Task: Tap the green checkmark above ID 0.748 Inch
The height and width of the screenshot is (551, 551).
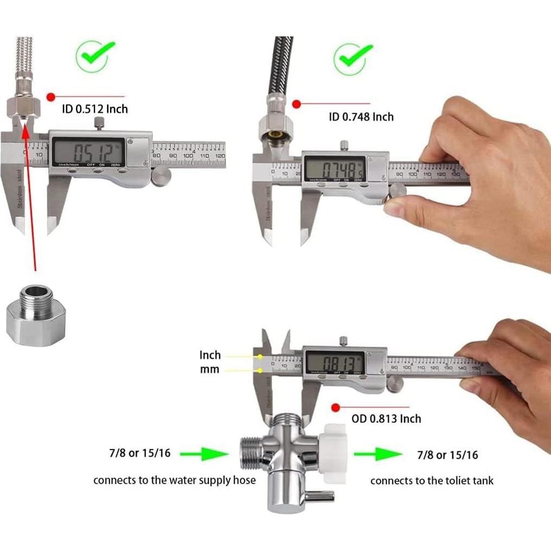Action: click(353, 58)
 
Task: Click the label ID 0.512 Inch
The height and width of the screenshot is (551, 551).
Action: click(95, 109)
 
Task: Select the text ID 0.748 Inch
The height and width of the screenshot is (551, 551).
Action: click(361, 117)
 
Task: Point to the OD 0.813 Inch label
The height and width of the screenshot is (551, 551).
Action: click(386, 418)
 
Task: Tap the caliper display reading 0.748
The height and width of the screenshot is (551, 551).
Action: click(334, 166)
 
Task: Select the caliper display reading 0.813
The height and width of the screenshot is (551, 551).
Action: click(334, 362)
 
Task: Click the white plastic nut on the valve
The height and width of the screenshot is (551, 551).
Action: click(335, 453)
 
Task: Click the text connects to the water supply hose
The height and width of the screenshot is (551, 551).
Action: click(174, 480)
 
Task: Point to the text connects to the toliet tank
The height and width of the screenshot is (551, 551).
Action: click(432, 480)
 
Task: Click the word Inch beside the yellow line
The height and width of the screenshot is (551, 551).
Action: click(210, 355)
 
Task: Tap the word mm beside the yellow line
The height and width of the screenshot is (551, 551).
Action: click(210, 369)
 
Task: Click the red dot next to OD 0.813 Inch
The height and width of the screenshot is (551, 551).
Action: click(336, 407)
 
